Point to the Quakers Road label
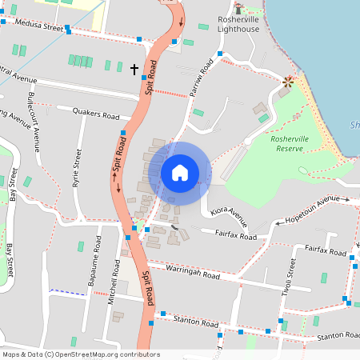pyautogui.click(x=95, y=114)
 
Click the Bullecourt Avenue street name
pyautogui.click(x=34, y=121)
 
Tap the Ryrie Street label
pyautogui.click(x=78, y=169)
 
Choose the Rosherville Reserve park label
pyautogui.click(x=289, y=142)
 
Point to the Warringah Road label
pyautogui.click(x=193, y=274)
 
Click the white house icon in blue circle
pyautogui.click(x=179, y=173)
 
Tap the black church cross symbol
pyautogui.click(x=134, y=70)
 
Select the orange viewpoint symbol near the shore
pyautogui.click(x=287, y=81)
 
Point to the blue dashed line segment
pyautogui.click(x=67, y=292)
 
